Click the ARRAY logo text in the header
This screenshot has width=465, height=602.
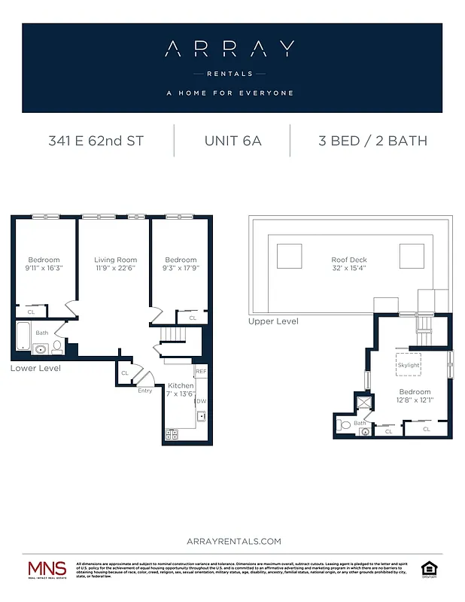click(232, 50)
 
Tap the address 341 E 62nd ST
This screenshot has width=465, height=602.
click(96, 141)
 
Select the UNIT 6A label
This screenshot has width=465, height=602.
click(232, 141)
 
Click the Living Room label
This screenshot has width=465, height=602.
click(115, 260)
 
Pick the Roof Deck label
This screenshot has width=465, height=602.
click(349, 260)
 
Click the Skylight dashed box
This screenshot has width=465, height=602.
click(409, 364)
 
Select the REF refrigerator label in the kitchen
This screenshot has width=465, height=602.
click(200, 372)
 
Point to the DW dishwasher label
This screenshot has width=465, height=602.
click(202, 401)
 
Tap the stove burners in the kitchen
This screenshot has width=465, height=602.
click(172, 434)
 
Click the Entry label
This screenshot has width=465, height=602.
click(144, 391)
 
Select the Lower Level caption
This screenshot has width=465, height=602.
click(35, 369)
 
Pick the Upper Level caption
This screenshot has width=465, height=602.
click(273, 321)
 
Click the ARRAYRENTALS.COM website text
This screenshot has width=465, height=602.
click(232, 541)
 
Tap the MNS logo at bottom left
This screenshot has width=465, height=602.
click(47, 570)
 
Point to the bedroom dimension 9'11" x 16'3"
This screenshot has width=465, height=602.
click(44, 268)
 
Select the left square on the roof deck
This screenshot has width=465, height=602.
click(290, 257)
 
